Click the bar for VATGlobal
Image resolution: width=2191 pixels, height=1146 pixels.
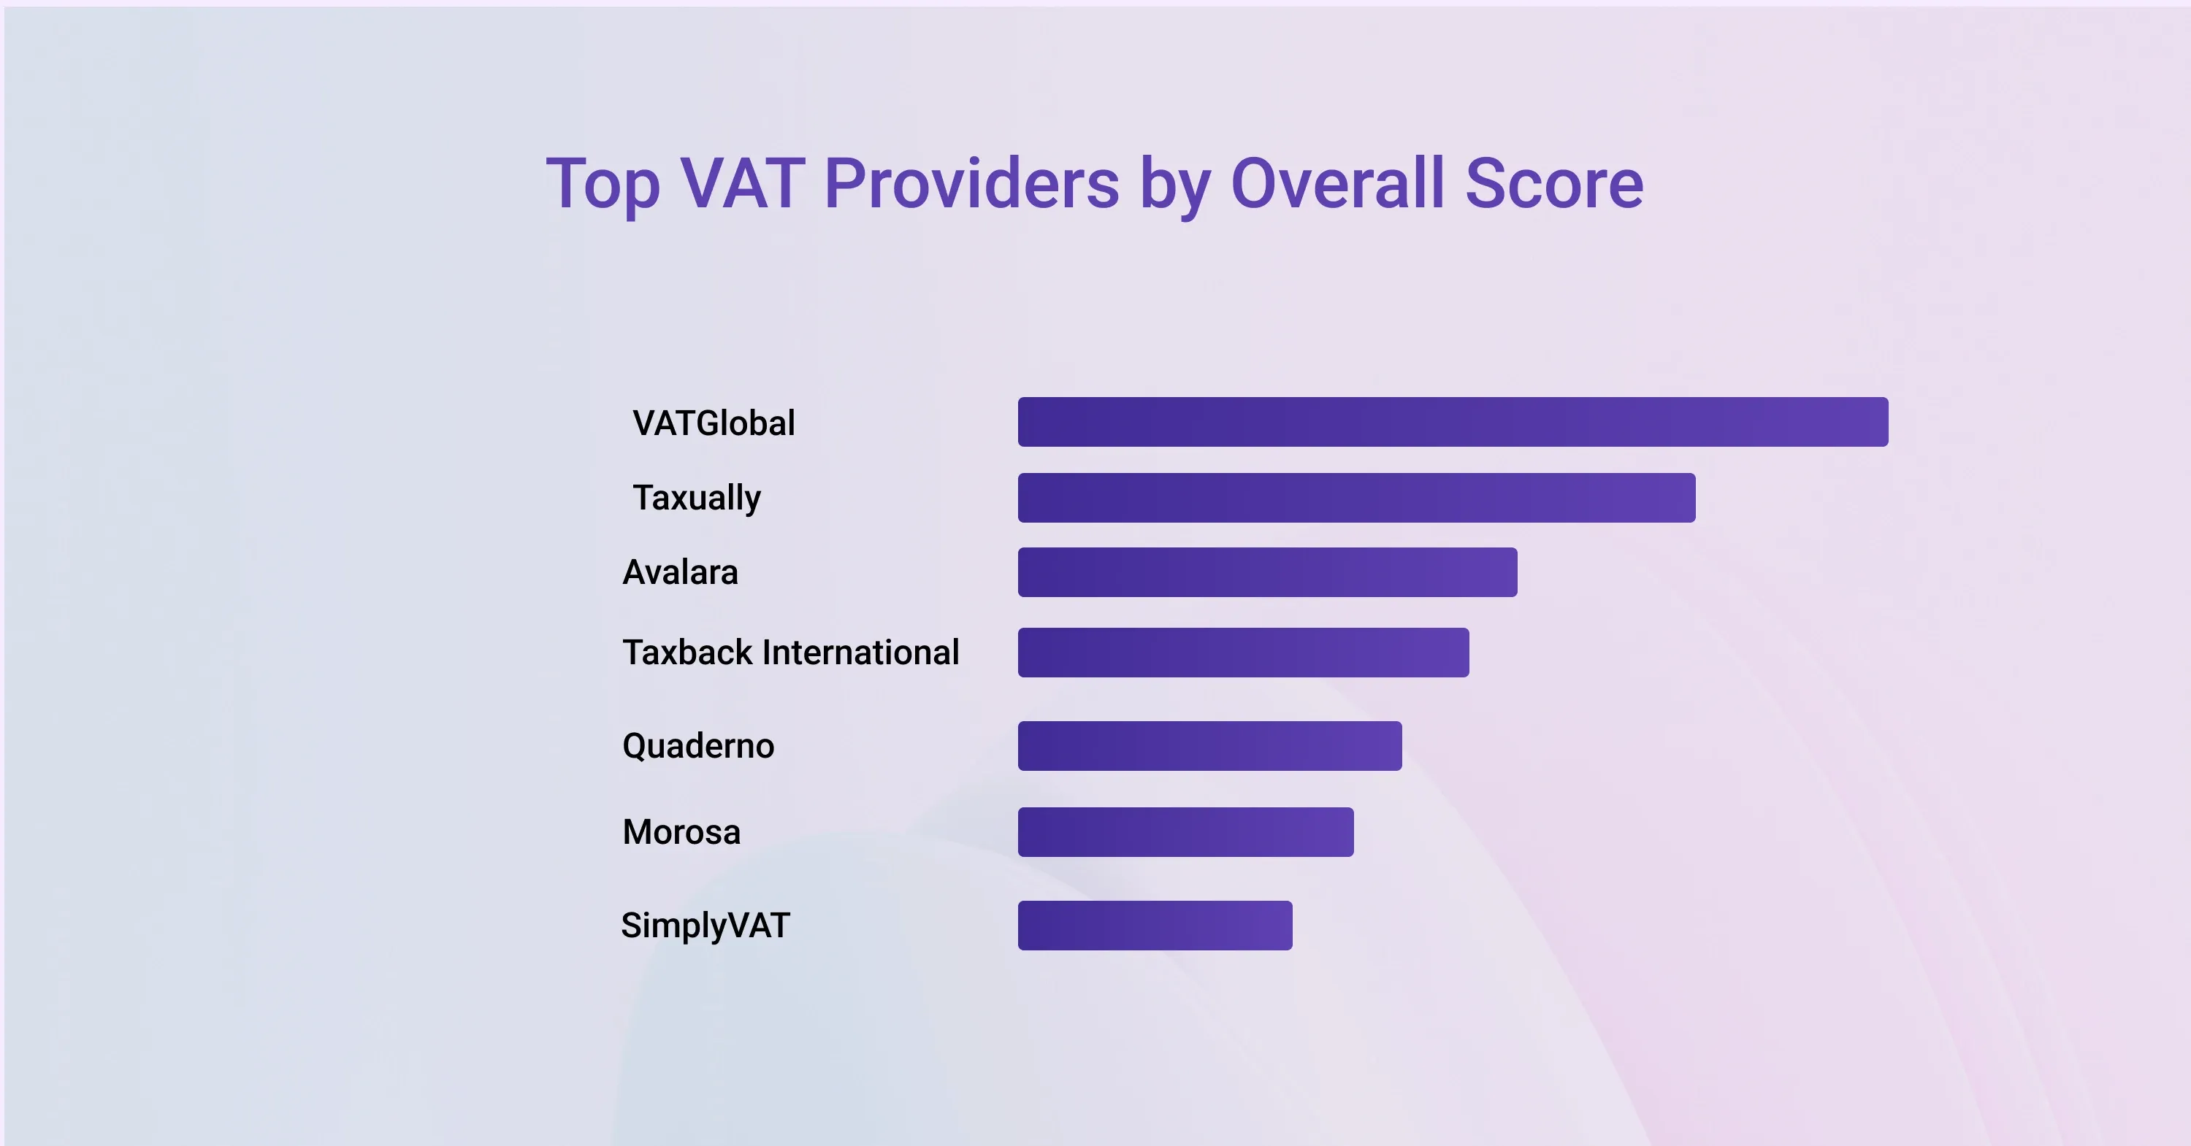[x=1453, y=422]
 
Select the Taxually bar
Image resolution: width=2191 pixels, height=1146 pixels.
[x=1357, y=497]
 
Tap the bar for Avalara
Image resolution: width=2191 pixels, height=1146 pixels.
[x=1267, y=572]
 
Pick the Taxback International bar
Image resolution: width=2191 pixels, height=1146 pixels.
[x=1244, y=652]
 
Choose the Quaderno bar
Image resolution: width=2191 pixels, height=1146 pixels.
[x=1209, y=745]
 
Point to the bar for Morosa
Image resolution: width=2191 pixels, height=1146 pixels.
[x=1185, y=831]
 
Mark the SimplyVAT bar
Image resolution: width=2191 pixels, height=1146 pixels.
[x=1155, y=925]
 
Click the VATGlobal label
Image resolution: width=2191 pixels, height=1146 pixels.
[x=714, y=423]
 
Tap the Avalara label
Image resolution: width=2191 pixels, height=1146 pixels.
[x=681, y=572]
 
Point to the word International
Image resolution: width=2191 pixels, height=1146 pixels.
[x=861, y=652]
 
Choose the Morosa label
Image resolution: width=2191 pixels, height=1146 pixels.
[x=681, y=831]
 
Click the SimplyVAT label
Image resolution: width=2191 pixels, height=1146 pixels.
[x=705, y=926]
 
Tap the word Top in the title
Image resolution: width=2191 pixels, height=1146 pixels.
[x=603, y=185]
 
